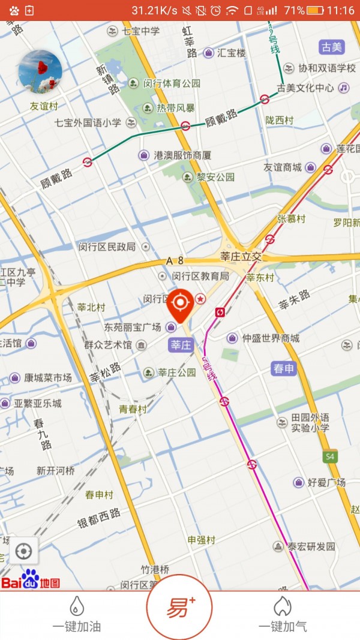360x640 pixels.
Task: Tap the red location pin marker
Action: point(181,304)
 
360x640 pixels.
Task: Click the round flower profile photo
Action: point(41,72)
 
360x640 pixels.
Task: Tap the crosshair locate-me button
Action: point(23,551)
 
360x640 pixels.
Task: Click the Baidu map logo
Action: point(31,581)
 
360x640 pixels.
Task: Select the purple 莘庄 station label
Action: point(181,345)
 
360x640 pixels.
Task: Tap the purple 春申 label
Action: point(284,368)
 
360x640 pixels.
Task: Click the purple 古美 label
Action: point(332,47)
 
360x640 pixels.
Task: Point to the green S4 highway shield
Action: point(329,457)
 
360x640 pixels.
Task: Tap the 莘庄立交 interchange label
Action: point(241,257)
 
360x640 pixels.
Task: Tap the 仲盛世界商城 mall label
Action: point(270,338)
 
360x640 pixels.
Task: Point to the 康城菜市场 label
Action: point(47,378)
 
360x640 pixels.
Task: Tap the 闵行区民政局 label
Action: point(108,247)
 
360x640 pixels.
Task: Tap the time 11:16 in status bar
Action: point(341,10)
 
